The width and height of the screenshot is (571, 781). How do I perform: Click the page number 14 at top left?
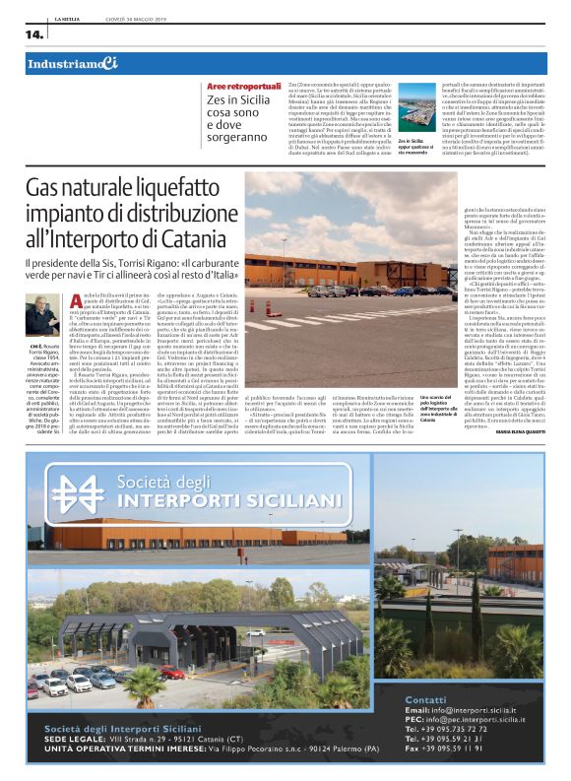pos(34,34)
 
